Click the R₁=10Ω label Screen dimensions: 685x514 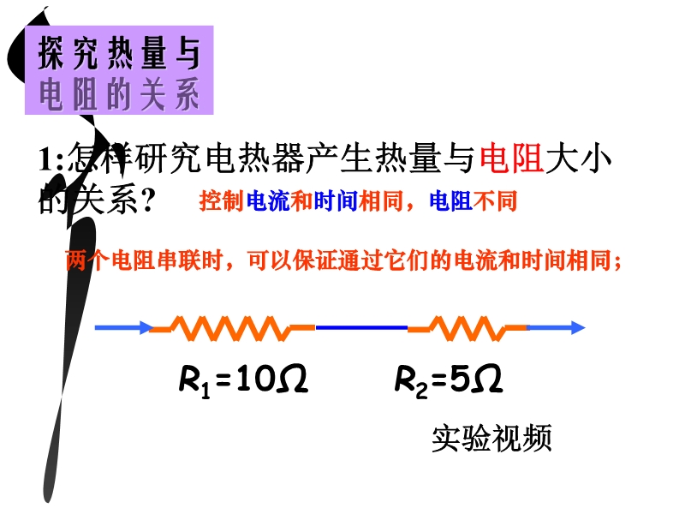(x=244, y=380)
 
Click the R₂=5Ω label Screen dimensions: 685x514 (x=449, y=380)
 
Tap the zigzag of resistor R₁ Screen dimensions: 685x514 (x=232, y=328)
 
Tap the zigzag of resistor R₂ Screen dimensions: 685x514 (x=467, y=328)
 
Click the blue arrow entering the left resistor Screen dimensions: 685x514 (x=124, y=327)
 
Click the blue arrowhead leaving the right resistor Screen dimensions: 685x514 (x=577, y=327)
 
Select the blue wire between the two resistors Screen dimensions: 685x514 (x=361, y=327)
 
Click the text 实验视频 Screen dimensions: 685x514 (x=491, y=438)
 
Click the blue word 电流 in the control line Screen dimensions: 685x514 (x=268, y=201)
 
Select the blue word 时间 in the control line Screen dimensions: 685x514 (x=336, y=201)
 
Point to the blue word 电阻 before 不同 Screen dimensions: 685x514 (x=451, y=201)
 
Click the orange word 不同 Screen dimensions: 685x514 (x=495, y=201)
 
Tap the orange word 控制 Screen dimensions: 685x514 (x=221, y=201)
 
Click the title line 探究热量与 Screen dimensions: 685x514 (x=119, y=52)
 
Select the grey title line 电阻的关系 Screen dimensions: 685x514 (x=119, y=93)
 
